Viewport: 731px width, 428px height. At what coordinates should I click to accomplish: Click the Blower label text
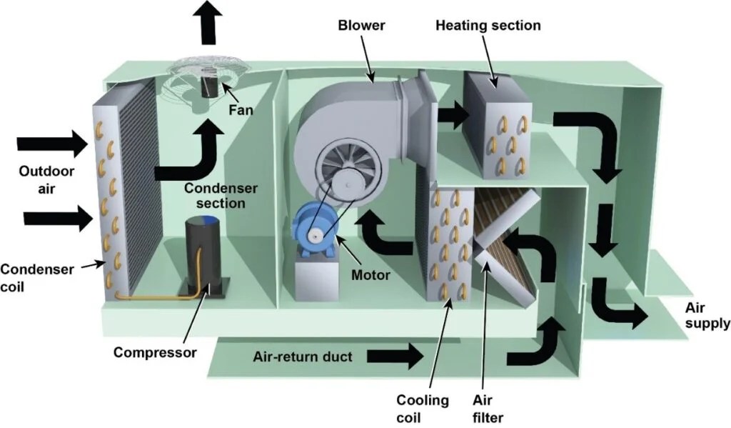[x=362, y=26]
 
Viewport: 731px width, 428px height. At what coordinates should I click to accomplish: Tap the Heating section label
[x=488, y=26]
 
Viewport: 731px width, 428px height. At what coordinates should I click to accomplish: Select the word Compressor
[x=155, y=352]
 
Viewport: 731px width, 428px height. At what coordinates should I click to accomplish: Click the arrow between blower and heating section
[x=450, y=114]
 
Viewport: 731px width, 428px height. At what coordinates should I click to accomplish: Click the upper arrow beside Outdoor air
[x=51, y=144]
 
